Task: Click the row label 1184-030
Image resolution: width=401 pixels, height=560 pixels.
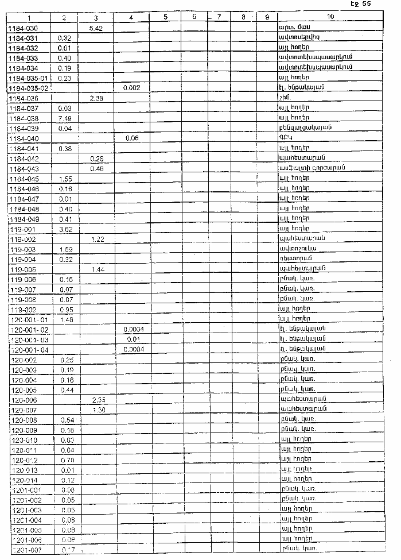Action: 24,28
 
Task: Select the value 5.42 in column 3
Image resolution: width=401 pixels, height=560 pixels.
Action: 96,28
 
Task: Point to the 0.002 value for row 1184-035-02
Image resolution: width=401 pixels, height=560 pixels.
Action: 133,87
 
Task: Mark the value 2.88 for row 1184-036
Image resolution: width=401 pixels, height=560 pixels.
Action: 96,98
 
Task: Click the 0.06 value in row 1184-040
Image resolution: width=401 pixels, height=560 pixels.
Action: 133,138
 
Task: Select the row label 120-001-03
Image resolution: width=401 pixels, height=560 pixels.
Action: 30,339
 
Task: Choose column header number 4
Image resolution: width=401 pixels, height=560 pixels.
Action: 132,18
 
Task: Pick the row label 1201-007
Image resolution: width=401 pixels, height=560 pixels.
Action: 26,550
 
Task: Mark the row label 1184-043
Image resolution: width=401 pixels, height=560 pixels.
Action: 24,168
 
